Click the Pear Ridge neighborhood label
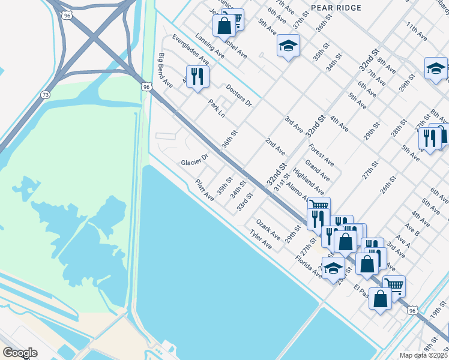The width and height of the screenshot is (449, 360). tap(336, 8)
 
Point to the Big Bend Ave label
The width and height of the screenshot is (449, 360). tap(165, 71)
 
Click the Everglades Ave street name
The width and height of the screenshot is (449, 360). tap(190, 49)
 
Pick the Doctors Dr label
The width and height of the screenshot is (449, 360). tap(238, 97)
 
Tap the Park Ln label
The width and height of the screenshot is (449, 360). tap(217, 109)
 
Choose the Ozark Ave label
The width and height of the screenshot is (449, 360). tap(268, 229)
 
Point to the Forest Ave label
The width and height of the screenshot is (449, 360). tap(321, 155)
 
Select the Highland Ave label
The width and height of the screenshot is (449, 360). tap(309, 180)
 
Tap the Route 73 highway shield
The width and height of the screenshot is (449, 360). tap(46, 95)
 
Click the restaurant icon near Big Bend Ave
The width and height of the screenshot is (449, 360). tap(197, 77)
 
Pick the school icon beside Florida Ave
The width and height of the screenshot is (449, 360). tap(333, 268)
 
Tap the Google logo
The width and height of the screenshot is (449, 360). tap(20, 352)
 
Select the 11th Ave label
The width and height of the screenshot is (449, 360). tap(416, 31)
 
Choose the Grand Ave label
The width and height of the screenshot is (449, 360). tap(317, 170)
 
